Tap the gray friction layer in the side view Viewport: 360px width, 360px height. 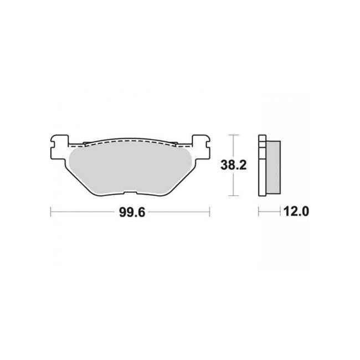click(274, 167)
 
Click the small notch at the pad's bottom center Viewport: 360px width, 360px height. click(130, 193)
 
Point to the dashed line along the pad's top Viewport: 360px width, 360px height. click(131, 141)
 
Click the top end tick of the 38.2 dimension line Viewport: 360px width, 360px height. click(234, 135)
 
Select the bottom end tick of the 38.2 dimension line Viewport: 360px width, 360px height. click(234, 196)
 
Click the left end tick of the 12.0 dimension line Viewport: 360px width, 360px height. click(258, 212)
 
